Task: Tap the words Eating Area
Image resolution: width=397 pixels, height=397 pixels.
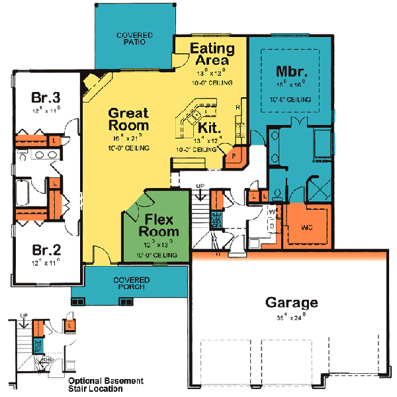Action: point(212,54)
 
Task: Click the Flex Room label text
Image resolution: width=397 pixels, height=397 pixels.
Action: point(158,225)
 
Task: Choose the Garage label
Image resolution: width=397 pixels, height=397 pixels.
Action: point(291,303)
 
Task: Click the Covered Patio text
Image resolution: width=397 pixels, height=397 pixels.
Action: point(134,39)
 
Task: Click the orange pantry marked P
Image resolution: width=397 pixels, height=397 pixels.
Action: point(234,157)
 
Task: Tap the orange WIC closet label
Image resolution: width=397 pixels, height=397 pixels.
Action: point(306,227)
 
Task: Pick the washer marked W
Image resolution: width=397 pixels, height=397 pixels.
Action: point(272,212)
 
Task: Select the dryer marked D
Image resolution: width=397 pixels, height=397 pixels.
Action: point(272,225)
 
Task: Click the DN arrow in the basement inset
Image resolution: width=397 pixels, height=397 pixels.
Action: point(42,362)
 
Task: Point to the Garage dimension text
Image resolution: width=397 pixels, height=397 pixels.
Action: point(291,319)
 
